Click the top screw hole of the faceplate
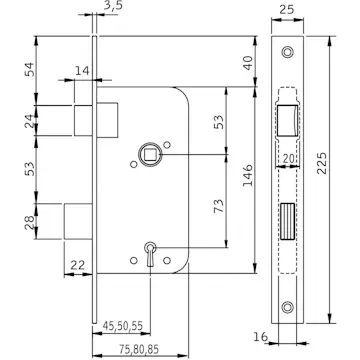coord(288,52)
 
